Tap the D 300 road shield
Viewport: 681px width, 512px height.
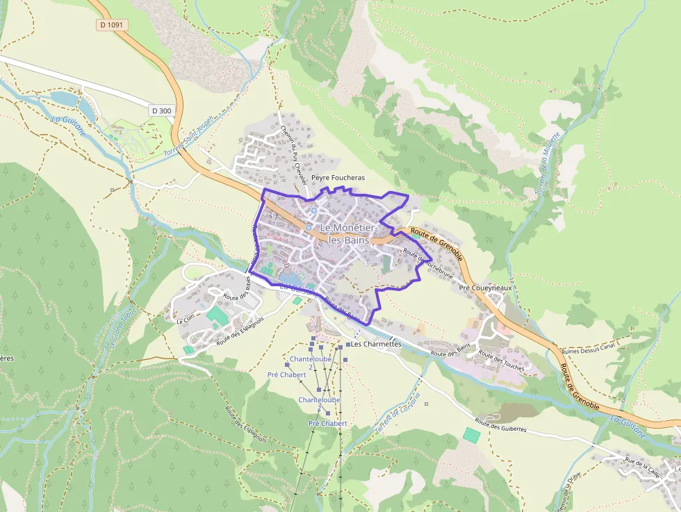[161, 110]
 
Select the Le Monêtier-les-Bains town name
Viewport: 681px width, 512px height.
[349, 233]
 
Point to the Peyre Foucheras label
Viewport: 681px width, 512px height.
[338, 178]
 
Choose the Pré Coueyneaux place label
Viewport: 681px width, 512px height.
[485, 286]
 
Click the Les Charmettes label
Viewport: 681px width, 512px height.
[377, 344]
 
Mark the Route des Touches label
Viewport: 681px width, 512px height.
[501, 361]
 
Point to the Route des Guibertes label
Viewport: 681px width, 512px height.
[500, 424]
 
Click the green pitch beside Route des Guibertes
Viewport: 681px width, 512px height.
[472, 435]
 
